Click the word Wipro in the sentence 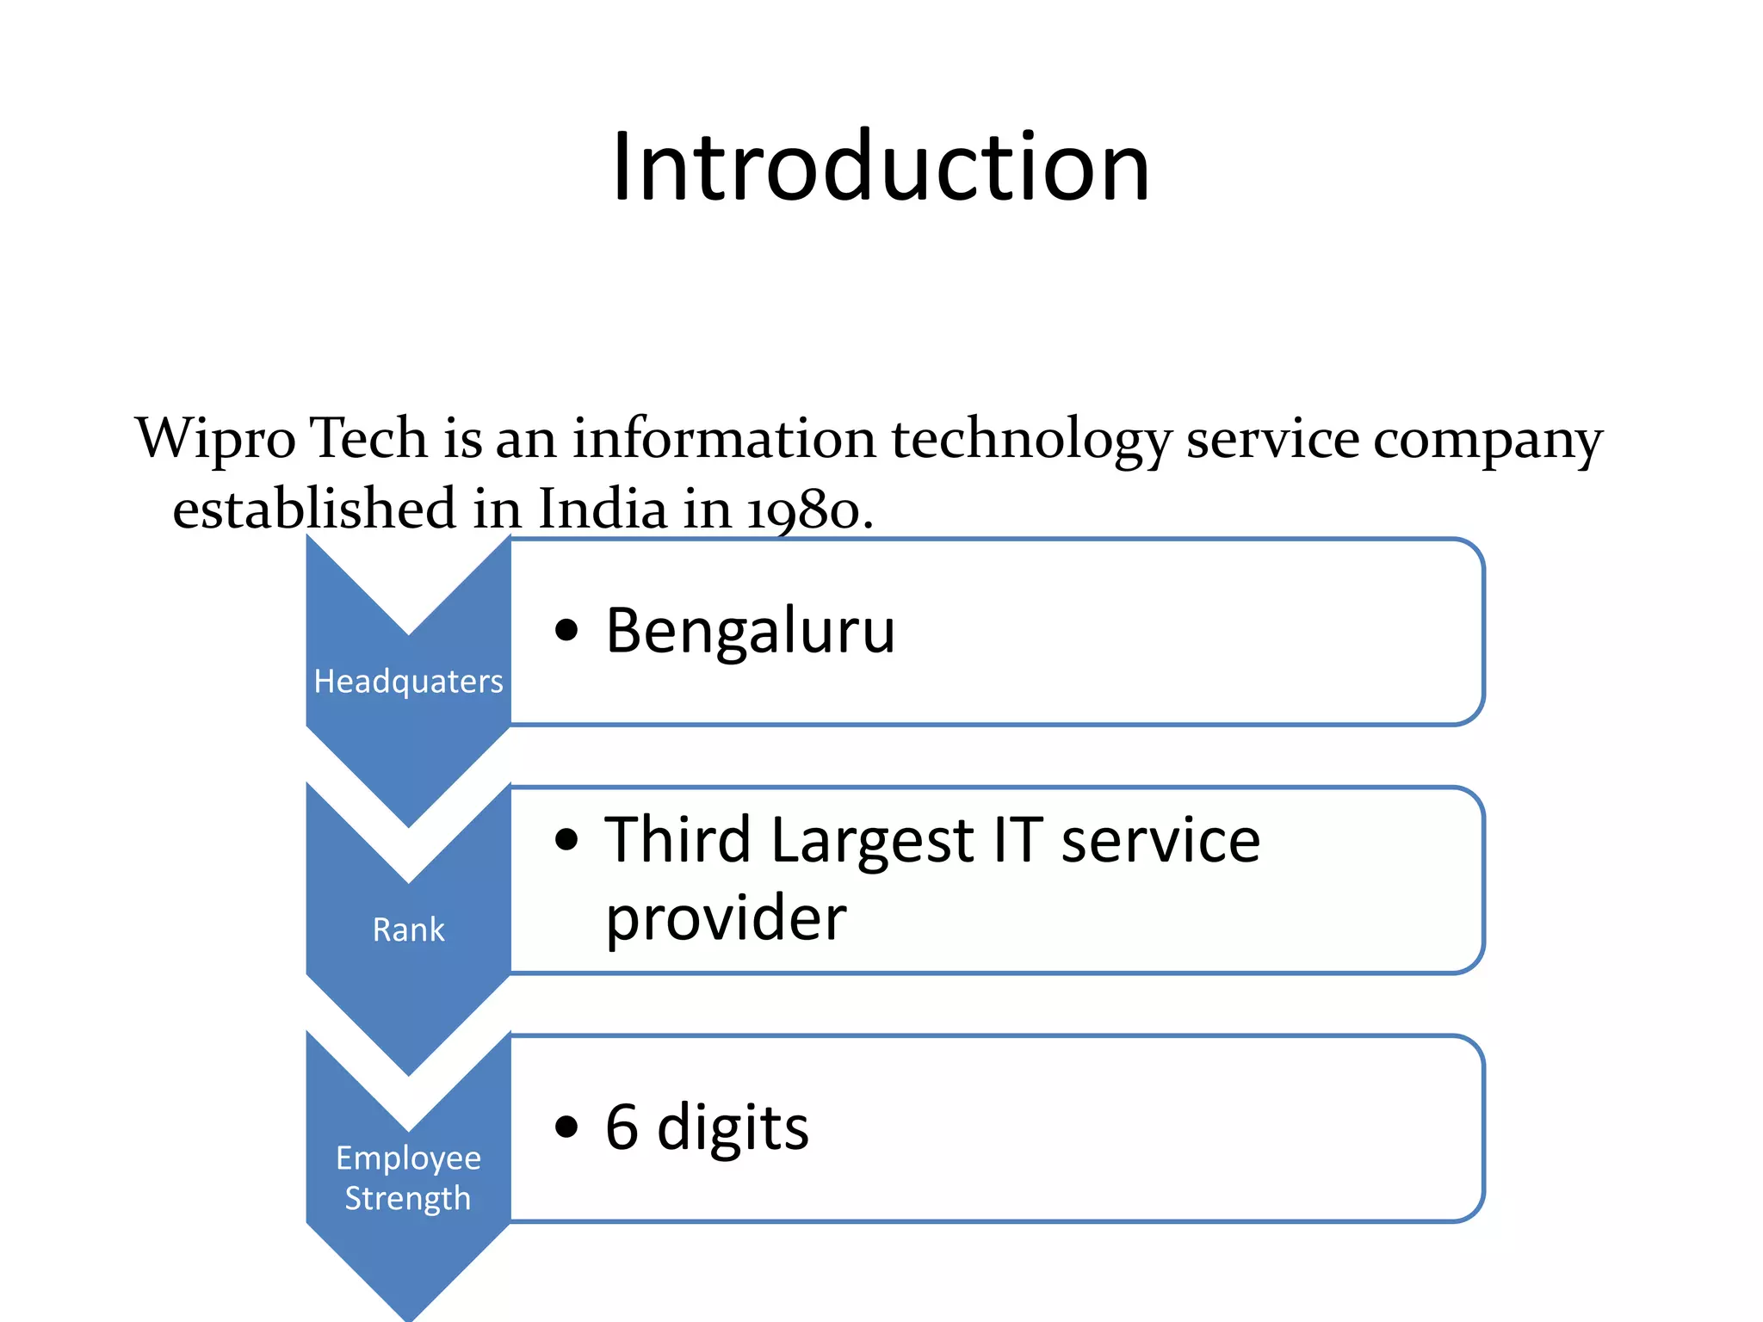(215, 439)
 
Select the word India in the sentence (603, 509)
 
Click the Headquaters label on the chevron (408, 682)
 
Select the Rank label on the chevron (408, 930)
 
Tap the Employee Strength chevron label (408, 1177)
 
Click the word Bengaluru (750, 631)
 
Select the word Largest (871, 842)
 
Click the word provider (726, 919)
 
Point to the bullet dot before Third (566, 839)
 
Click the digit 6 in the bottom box (622, 1127)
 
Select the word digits (733, 1128)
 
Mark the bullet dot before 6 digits (566, 1127)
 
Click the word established (314, 509)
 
